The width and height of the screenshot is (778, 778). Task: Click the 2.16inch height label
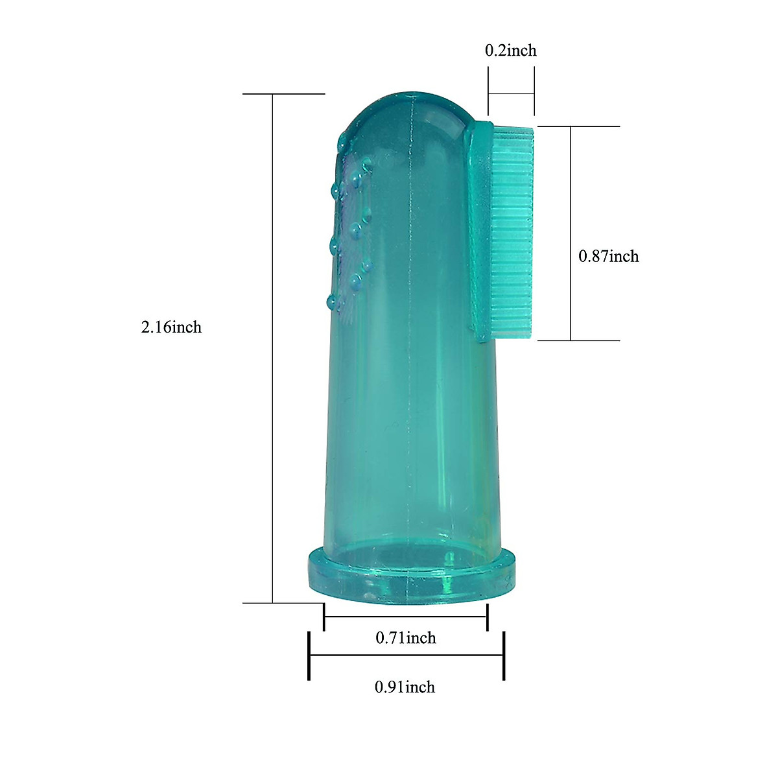point(171,327)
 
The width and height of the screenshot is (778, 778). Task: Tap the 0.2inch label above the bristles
point(511,51)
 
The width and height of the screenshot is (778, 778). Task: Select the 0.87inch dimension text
point(609,256)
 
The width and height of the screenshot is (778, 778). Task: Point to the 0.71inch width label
point(406,638)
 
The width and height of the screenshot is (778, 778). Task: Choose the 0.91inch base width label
point(405,687)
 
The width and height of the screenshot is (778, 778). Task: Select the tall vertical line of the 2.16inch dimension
point(272,348)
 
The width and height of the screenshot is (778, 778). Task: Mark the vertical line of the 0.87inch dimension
point(571,233)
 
